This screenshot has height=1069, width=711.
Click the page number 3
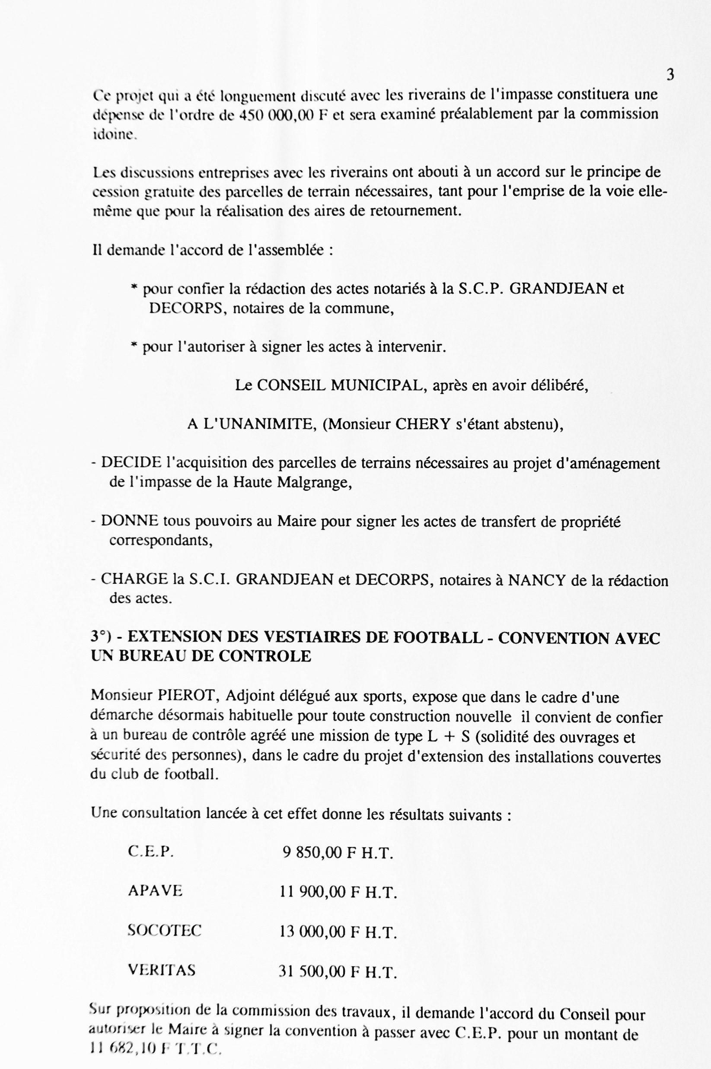(670, 75)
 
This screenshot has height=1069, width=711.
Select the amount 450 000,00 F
(283, 115)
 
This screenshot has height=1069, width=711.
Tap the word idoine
(114, 135)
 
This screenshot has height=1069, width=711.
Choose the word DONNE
(129, 521)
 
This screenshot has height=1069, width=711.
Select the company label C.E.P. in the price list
(151, 852)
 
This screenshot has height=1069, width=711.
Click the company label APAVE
(155, 891)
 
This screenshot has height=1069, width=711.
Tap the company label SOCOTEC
(165, 930)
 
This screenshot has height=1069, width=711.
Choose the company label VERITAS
(162, 970)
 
